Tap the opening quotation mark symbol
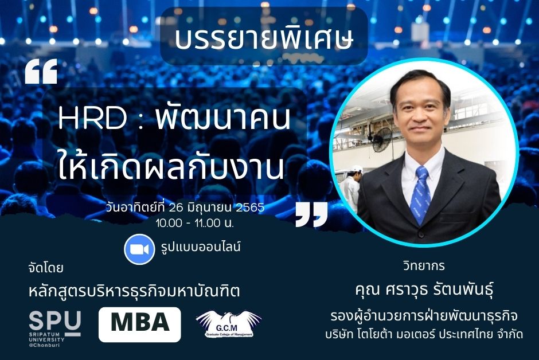[x=41, y=72]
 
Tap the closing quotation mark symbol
[x=311, y=214]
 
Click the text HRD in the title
[x=93, y=118]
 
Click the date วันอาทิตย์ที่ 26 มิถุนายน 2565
[x=185, y=208]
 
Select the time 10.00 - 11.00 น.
[x=194, y=224]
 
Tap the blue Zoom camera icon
[x=139, y=249]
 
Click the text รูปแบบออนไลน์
[x=201, y=247]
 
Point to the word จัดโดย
[x=46, y=268]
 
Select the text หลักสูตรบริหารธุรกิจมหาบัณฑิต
[x=134, y=291]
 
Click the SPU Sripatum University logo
[x=55, y=328]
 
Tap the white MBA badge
[x=139, y=324]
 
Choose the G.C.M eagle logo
[x=229, y=324]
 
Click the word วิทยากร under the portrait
[x=424, y=266]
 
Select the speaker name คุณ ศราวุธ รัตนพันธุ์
[x=424, y=289]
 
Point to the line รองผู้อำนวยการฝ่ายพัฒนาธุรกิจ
[x=424, y=316]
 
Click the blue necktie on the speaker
[x=420, y=195]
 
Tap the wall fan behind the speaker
[x=382, y=140]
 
